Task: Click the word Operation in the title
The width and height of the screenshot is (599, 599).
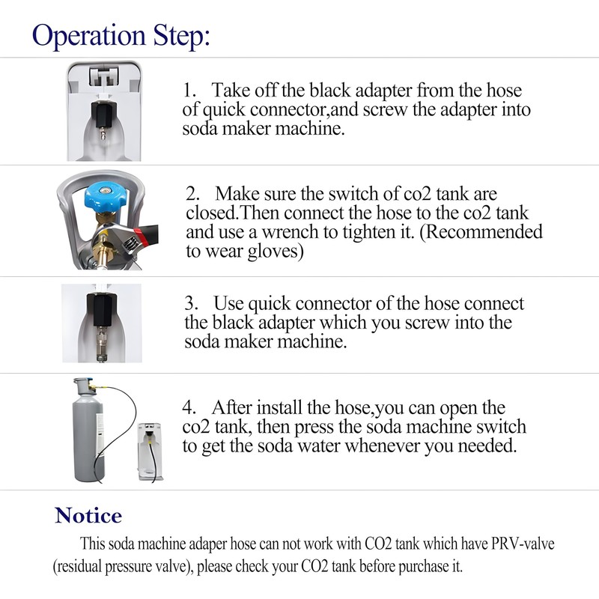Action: click(88, 36)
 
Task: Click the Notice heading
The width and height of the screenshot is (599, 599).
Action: click(88, 515)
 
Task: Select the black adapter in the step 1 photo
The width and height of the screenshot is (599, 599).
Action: click(102, 115)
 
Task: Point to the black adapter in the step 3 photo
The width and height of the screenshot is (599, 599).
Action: click(99, 309)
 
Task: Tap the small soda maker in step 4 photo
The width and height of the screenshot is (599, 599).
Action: click(150, 451)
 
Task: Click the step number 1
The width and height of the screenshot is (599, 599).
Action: click(189, 91)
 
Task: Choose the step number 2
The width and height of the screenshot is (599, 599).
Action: click(193, 194)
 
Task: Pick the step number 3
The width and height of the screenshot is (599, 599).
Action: click(191, 303)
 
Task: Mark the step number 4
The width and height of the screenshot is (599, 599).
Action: click(189, 407)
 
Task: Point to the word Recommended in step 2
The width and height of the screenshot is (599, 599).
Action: click(481, 232)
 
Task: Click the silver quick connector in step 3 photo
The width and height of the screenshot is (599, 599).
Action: click(100, 343)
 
